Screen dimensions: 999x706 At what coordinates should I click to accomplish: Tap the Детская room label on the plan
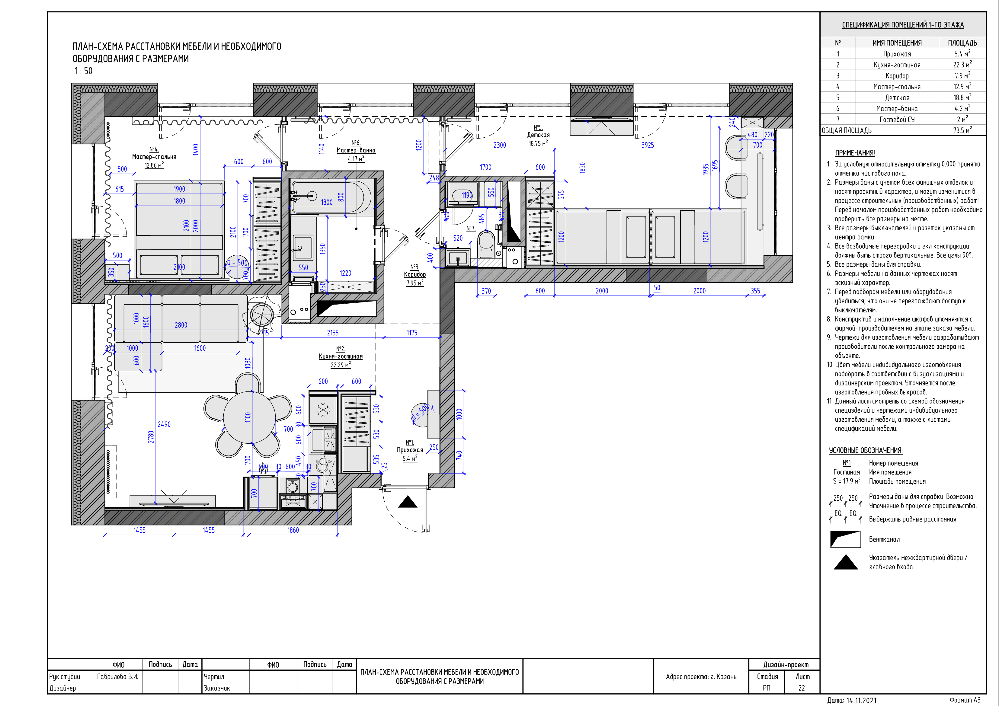[x=538, y=135]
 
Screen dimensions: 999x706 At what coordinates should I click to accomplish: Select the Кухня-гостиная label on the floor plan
[x=341, y=356]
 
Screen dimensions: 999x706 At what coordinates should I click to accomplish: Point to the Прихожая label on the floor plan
[x=410, y=450]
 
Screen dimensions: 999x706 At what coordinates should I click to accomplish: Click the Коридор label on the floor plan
[x=415, y=274]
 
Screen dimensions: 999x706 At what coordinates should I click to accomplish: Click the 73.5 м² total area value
[x=962, y=130]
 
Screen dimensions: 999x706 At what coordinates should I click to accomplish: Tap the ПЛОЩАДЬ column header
[x=962, y=43]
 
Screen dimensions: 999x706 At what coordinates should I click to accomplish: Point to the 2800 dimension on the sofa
[x=181, y=325]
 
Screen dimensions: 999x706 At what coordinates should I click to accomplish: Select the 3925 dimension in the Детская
[x=648, y=145]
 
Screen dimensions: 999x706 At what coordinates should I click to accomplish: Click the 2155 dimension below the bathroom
[x=333, y=333]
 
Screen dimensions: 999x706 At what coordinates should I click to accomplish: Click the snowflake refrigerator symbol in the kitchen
[x=323, y=409]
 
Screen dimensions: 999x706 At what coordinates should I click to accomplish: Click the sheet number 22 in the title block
[x=802, y=688]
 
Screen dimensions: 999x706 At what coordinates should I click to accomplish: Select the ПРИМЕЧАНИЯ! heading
[x=855, y=153]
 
